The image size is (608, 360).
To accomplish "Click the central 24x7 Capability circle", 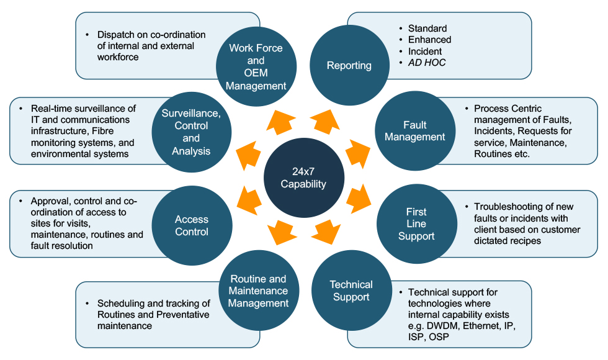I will (x=303, y=178).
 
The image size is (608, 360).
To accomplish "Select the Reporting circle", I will (x=349, y=66).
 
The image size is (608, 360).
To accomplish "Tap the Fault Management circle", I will (x=415, y=131).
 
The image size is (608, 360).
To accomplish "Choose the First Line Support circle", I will (x=416, y=224).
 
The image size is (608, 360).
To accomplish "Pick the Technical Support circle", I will (x=351, y=290).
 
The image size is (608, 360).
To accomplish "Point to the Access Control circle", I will (x=192, y=225).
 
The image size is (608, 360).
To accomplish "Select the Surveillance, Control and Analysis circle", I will (x=192, y=132).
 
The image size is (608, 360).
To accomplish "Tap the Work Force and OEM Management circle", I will (x=256, y=66).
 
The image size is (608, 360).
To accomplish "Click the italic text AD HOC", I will (x=427, y=63).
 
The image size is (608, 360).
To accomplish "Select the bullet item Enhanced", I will (x=429, y=40).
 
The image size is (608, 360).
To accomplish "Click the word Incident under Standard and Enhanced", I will (x=425, y=51).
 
